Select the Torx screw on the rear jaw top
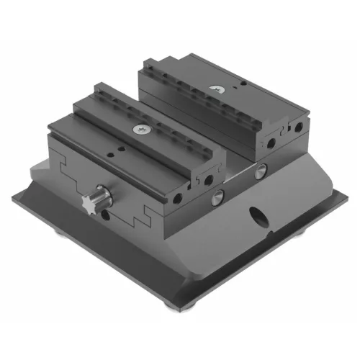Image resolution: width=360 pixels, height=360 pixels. coord(217,90)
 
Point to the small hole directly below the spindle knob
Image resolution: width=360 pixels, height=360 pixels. coord(106,215)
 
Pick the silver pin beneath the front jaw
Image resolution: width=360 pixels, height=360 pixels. coord(216,196)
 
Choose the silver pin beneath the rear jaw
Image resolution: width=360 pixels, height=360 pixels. coord(261,170)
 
